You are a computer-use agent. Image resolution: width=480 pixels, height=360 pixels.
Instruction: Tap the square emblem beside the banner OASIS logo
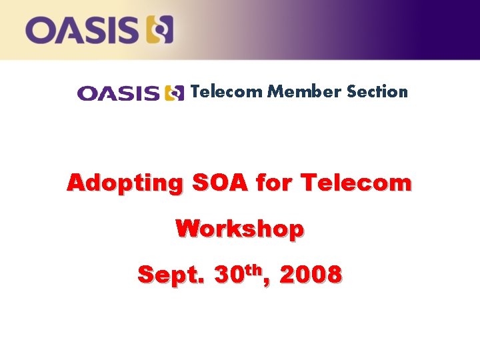tap(159, 31)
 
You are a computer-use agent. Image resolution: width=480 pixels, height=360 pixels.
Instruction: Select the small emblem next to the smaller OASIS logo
tap(174, 93)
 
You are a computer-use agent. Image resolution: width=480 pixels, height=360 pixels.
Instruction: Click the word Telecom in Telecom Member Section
tap(227, 92)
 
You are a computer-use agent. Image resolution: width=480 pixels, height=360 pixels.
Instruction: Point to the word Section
tap(377, 92)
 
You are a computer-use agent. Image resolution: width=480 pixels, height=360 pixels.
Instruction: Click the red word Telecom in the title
tap(356, 183)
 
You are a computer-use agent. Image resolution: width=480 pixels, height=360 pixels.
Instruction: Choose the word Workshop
tap(240, 229)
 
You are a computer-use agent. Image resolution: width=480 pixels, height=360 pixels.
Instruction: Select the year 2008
tap(311, 274)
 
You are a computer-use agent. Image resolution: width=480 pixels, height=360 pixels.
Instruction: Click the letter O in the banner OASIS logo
tap(41, 31)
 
